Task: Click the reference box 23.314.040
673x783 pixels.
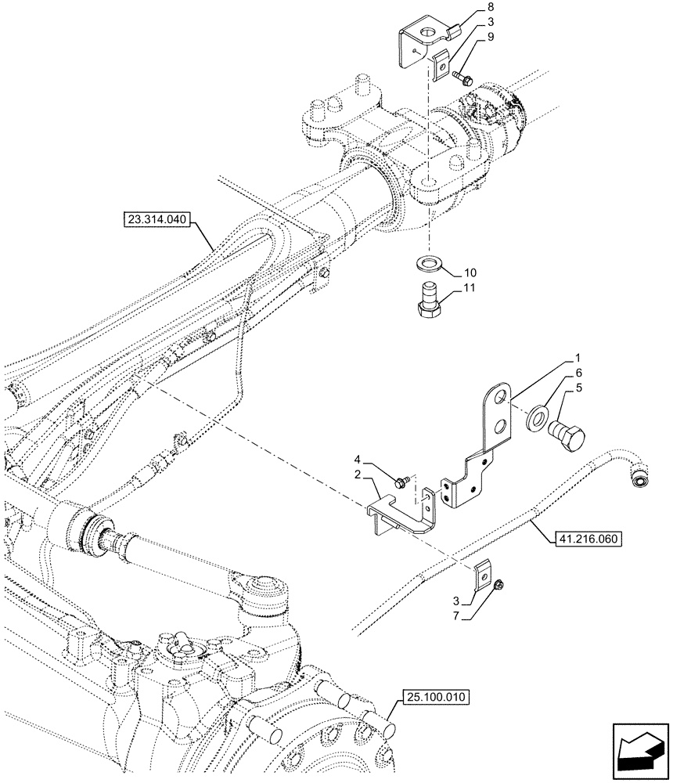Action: click(156, 219)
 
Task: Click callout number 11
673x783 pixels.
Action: click(470, 288)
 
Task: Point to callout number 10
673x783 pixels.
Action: click(470, 272)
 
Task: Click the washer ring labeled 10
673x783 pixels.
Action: click(426, 260)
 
